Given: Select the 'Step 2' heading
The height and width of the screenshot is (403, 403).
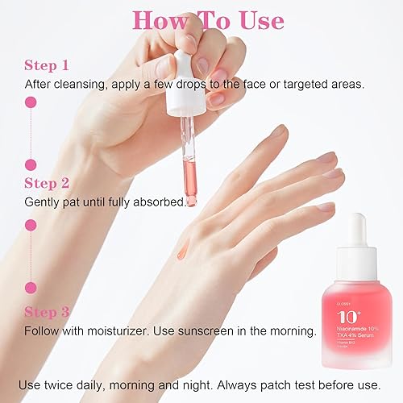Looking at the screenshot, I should tap(48, 183).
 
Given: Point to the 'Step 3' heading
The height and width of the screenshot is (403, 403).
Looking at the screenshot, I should tap(48, 312).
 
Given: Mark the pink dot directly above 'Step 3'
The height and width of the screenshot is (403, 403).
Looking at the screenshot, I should tap(32, 287).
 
